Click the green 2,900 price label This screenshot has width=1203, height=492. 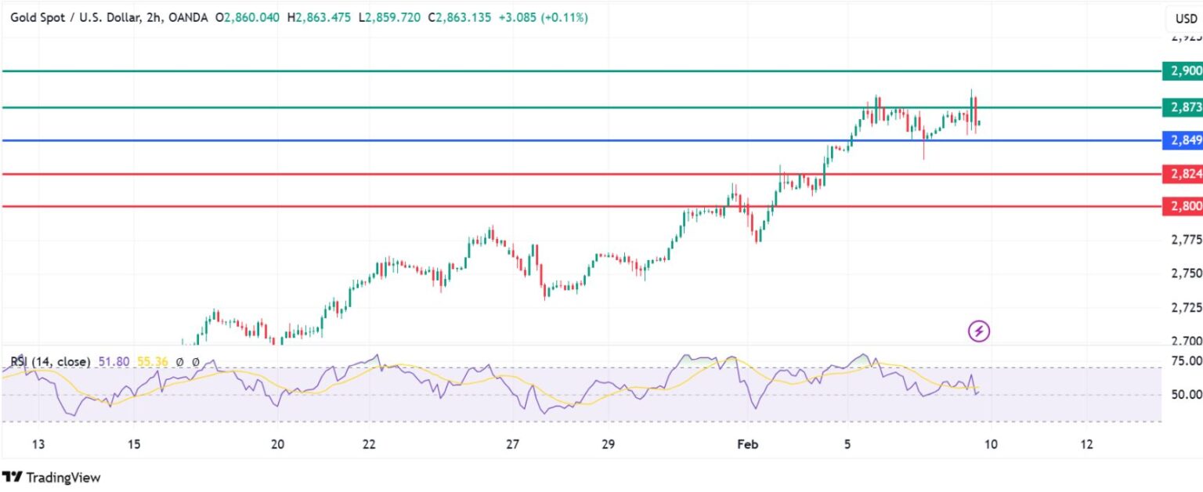[x=1183, y=71]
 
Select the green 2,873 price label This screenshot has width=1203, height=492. [x=1183, y=107]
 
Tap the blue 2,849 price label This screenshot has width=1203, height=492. [x=1183, y=141]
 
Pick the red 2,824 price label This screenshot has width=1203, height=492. [x=1183, y=174]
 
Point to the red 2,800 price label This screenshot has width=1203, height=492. [x=1183, y=207]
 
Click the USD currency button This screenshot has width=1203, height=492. [x=1181, y=18]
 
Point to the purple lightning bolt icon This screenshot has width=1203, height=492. [x=979, y=331]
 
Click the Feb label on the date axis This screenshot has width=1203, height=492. [x=748, y=445]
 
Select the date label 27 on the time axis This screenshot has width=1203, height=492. [x=513, y=445]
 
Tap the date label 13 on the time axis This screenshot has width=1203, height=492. [x=38, y=445]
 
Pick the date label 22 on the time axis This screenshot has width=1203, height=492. [x=369, y=445]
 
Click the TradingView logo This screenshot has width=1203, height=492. [x=52, y=476]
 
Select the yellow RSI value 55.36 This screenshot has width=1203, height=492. [x=153, y=362]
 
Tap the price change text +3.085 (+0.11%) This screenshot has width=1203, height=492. [x=542, y=17]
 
